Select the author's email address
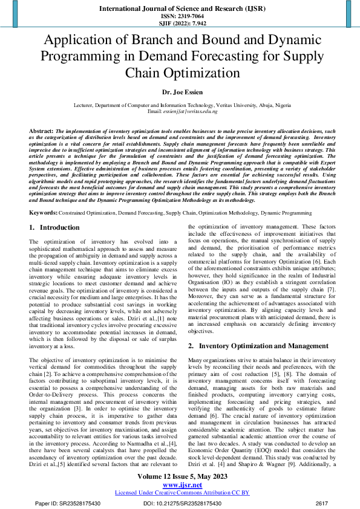(180, 112)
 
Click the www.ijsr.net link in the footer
(180, 485)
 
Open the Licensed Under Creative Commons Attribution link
(180, 493)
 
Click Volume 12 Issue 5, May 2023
(180, 477)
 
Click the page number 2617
(321, 503)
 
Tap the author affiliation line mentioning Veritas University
(180, 105)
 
